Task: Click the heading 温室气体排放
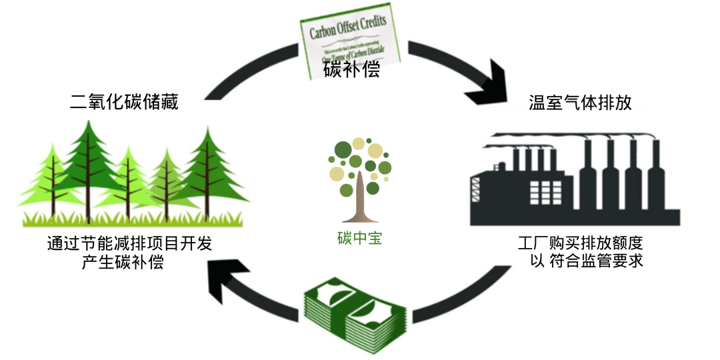579,103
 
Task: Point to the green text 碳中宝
359,238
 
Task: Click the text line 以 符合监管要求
586,261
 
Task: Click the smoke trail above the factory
567,136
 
